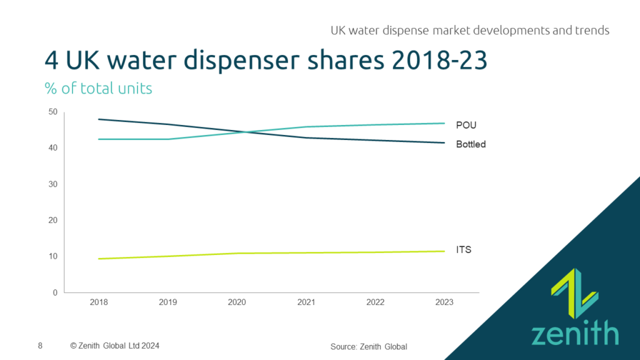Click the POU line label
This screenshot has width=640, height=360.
(x=466, y=126)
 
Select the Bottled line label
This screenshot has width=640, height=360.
(x=471, y=144)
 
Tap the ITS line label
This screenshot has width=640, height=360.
(x=463, y=250)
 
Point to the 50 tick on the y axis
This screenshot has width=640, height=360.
(x=52, y=112)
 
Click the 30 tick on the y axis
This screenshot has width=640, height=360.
(x=52, y=184)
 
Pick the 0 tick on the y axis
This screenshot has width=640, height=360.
(x=55, y=292)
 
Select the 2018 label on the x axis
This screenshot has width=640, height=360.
(x=99, y=302)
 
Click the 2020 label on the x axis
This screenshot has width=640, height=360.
(x=237, y=302)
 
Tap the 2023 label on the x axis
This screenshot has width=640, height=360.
(x=444, y=302)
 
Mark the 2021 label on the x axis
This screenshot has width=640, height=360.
(x=306, y=302)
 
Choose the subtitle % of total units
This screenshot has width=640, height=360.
(x=98, y=88)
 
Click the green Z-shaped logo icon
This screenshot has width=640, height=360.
(x=574, y=292)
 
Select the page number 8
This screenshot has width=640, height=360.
(x=41, y=345)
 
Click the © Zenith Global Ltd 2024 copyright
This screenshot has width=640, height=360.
(x=119, y=345)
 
